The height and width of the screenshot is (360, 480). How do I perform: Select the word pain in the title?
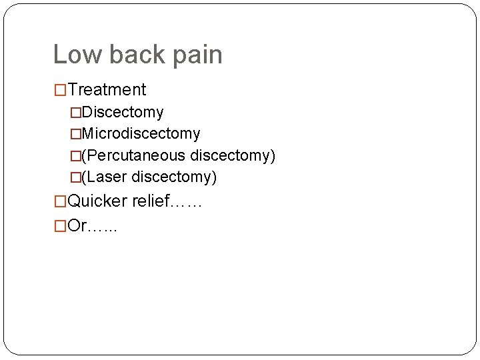click(x=198, y=55)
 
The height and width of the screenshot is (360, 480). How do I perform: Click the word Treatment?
click(x=107, y=89)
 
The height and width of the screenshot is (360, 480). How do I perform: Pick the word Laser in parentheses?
click(x=107, y=177)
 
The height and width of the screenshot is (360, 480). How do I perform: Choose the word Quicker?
click(x=98, y=201)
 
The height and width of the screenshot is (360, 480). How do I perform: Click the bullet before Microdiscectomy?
click(x=75, y=133)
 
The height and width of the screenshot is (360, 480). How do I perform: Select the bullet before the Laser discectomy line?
click(x=75, y=177)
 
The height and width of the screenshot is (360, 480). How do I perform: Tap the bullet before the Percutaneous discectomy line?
click(x=75, y=155)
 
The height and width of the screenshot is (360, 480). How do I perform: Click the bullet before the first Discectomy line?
click(x=75, y=112)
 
